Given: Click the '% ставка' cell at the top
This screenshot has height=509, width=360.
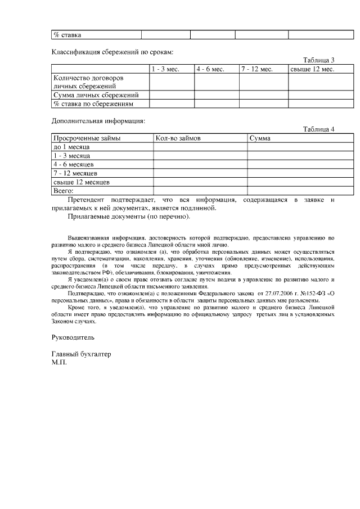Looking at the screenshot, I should point(67,35).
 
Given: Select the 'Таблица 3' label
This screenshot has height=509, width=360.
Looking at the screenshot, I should point(318,60).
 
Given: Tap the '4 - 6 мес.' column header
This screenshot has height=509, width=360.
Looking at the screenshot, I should point(210,69).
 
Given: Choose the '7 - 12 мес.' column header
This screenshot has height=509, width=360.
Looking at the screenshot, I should point(257,69).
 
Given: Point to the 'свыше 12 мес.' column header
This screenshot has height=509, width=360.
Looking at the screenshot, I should point(312,69).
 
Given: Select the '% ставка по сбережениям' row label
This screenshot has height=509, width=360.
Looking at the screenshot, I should point(93,104).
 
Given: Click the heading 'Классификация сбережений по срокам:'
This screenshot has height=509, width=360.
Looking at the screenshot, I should point(112,52).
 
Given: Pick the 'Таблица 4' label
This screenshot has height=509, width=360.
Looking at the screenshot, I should point(318,129).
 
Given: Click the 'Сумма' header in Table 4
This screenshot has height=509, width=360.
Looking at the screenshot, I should point(260,138).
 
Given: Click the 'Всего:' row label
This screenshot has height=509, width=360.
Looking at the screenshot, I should point(63,191).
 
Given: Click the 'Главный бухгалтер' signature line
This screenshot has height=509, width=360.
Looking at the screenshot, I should point(81,355).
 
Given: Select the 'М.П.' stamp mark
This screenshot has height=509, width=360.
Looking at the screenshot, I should point(59,363).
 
